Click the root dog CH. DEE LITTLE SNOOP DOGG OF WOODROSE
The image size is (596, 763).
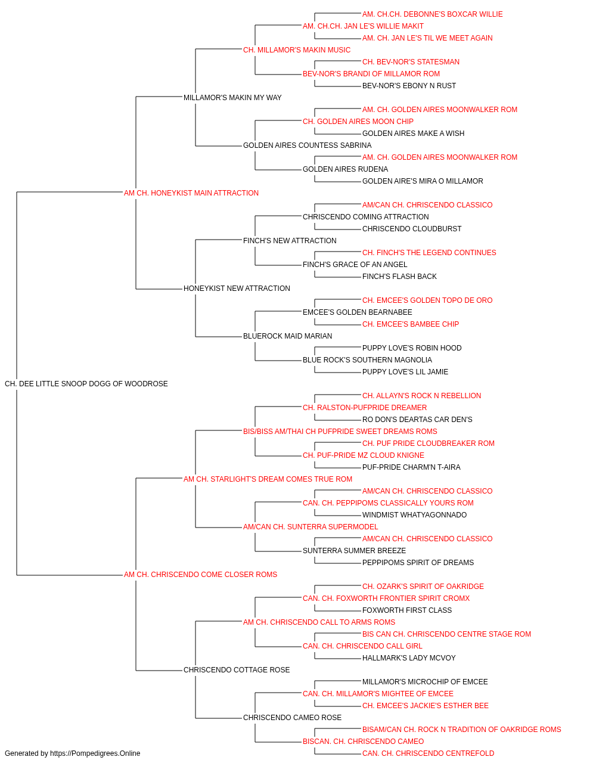coord(86,384)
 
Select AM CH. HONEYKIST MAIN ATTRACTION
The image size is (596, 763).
coord(191,193)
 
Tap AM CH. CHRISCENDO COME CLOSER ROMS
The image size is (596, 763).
coord(200,575)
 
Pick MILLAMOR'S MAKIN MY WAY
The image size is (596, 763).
coord(232,98)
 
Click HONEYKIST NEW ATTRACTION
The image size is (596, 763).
coord(237,289)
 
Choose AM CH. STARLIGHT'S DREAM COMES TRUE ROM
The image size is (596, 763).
coord(268,479)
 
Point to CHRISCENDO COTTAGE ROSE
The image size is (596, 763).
coord(237,670)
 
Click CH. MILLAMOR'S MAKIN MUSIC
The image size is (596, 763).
coord(297,50)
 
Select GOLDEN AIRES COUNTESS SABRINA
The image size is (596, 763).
coord(307,145)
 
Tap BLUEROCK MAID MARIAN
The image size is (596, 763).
coord(287,336)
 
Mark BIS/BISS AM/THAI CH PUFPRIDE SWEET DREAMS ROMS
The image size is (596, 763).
coord(340,432)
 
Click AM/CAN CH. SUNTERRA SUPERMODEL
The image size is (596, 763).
coord(311,527)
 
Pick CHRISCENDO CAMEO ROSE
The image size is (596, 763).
coord(292,718)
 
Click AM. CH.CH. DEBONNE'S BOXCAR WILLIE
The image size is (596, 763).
coord(433,14)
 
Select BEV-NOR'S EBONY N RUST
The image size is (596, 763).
coord(409,86)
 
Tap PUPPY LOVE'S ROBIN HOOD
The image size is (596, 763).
coord(412,348)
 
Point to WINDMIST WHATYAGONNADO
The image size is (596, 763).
coord(414,515)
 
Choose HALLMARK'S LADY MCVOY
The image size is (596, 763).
coord(409,658)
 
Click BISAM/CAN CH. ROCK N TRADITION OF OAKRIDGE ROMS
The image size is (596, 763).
coord(461,730)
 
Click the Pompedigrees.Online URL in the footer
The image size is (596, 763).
coord(95,753)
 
